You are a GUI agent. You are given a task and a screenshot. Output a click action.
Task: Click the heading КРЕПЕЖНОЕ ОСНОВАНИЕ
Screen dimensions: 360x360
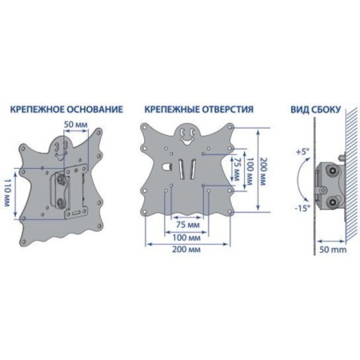66,110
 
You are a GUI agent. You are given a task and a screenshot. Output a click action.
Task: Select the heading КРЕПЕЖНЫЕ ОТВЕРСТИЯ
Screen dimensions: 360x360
199,110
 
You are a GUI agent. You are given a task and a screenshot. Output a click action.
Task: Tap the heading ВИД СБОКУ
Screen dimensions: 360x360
316,110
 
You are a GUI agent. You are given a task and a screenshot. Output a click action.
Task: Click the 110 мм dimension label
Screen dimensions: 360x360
7,193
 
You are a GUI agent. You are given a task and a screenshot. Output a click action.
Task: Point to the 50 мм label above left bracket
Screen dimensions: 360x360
76,125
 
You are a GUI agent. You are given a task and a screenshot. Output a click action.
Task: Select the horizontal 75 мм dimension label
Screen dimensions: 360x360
188,225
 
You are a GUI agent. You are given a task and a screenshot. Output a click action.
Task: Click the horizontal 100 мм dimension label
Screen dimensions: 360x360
186,238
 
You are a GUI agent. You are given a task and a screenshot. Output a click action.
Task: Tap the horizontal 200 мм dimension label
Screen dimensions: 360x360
186,250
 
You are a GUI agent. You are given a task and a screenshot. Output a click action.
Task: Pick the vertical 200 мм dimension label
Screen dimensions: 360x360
263,172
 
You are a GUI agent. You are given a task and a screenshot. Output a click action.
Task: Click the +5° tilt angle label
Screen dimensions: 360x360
302,152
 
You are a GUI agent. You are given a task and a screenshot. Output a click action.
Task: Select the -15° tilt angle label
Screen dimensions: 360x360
302,208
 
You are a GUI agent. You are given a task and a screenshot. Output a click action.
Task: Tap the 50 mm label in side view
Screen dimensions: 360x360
333,250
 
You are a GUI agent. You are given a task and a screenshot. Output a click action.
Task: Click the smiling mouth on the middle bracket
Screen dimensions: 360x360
186,141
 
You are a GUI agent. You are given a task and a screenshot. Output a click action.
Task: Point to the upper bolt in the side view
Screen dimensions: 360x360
333,170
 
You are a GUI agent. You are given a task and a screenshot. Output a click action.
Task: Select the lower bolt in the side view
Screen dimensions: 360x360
333,202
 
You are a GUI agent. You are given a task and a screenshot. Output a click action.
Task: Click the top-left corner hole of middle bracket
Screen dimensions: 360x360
145,127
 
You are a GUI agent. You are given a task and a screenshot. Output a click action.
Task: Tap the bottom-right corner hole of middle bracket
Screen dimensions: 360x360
230,212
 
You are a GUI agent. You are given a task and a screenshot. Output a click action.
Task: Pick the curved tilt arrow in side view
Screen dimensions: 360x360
299,179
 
